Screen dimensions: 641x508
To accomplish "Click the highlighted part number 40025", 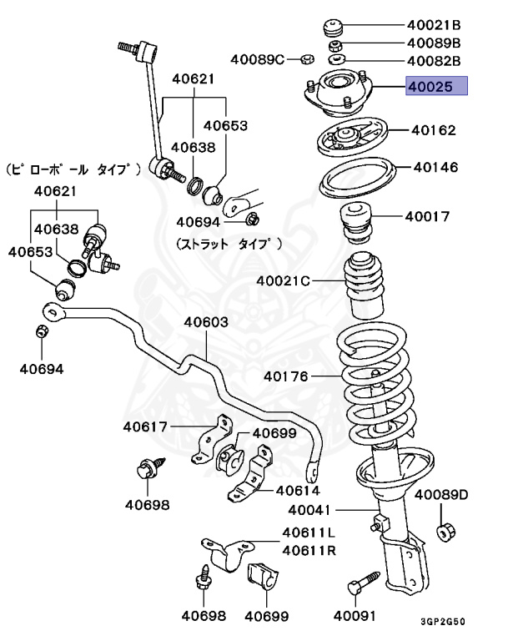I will click(x=436, y=86).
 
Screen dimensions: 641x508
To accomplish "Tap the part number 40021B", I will click(x=434, y=25).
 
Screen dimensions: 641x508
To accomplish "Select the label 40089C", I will click(x=259, y=58).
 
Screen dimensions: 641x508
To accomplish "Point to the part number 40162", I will click(x=434, y=130).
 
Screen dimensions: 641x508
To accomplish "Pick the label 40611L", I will click(x=309, y=532).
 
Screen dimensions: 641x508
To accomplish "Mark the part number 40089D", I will click(x=442, y=495).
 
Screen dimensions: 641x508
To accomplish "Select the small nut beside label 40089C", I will click(x=305, y=59).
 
